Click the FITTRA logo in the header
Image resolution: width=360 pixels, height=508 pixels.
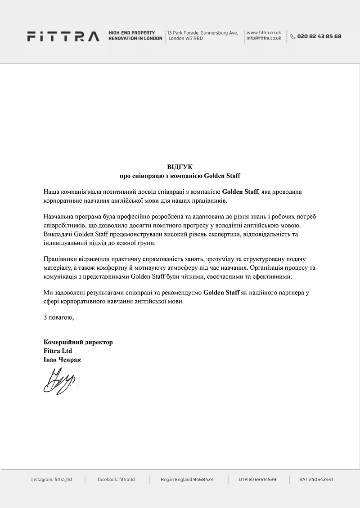pos(63,36)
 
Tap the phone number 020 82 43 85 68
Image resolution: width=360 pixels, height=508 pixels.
pos(319,36)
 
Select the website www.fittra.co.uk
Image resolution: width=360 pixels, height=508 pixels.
pos(264,33)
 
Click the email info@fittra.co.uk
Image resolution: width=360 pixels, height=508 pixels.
pos(264,39)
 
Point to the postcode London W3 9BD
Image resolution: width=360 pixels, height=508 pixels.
pos(186,39)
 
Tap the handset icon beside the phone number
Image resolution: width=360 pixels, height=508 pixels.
pos(293,36)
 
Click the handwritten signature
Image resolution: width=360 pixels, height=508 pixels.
pos(60,381)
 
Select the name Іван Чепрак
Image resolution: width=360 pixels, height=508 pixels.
pos(63,360)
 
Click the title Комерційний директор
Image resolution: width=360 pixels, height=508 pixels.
pos(78,342)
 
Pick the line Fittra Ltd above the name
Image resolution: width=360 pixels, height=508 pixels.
pos(58,351)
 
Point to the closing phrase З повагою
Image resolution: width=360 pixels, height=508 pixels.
pos(58,317)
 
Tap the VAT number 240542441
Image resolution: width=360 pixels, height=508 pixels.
pos(316,480)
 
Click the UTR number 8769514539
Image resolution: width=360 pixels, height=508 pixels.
pos(257,480)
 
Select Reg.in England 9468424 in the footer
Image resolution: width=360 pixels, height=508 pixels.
pos(187,480)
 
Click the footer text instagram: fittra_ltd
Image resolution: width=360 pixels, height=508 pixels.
pos(51,480)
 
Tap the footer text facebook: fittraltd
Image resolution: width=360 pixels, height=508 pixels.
pos(116,480)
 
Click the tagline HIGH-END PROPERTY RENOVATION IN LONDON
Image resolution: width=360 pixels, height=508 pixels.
pos(135,36)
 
